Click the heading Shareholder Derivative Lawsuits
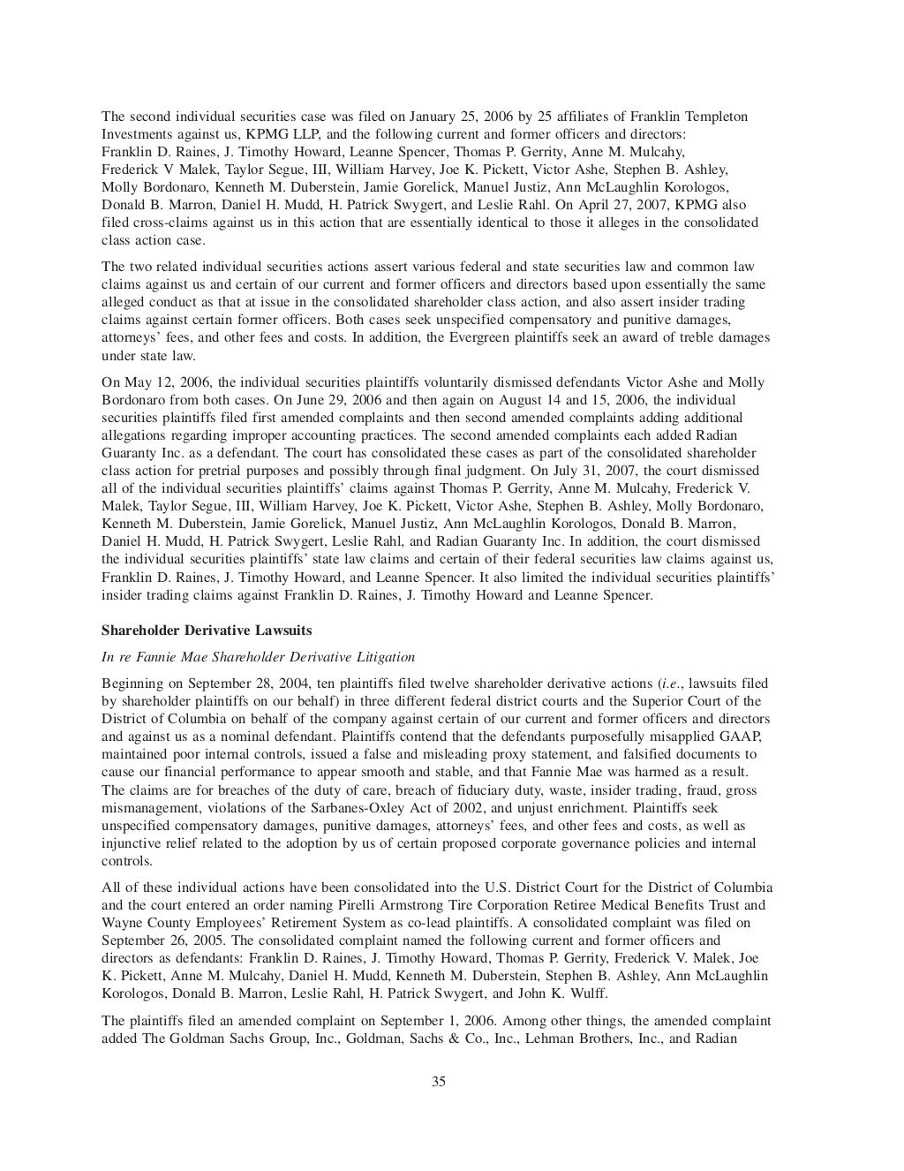pos(207,631)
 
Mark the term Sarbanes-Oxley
pos(343,808)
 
